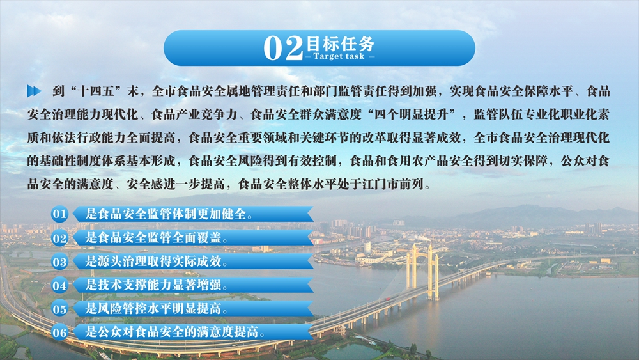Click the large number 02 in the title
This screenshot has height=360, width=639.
pyautogui.click(x=283, y=48)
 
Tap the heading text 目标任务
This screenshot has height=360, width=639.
pyautogui.click(x=340, y=43)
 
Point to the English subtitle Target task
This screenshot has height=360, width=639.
pyautogui.click(x=339, y=57)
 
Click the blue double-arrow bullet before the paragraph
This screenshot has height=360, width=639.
pyautogui.click(x=35, y=91)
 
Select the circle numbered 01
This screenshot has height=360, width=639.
pyautogui.click(x=59, y=214)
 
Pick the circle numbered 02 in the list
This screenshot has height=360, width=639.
pyautogui.click(x=59, y=238)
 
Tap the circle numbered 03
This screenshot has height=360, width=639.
pyautogui.click(x=59, y=262)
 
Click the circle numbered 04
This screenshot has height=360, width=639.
pyautogui.click(x=59, y=285)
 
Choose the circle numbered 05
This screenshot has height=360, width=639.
pyautogui.click(x=59, y=309)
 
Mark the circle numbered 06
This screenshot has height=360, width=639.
pyautogui.click(x=59, y=333)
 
